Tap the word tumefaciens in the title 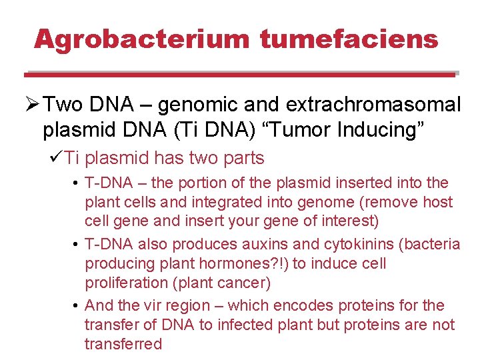click(349, 39)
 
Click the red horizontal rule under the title click(240, 75)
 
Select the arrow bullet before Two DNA click(31, 105)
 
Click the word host click(437, 202)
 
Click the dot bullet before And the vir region click(77, 306)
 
